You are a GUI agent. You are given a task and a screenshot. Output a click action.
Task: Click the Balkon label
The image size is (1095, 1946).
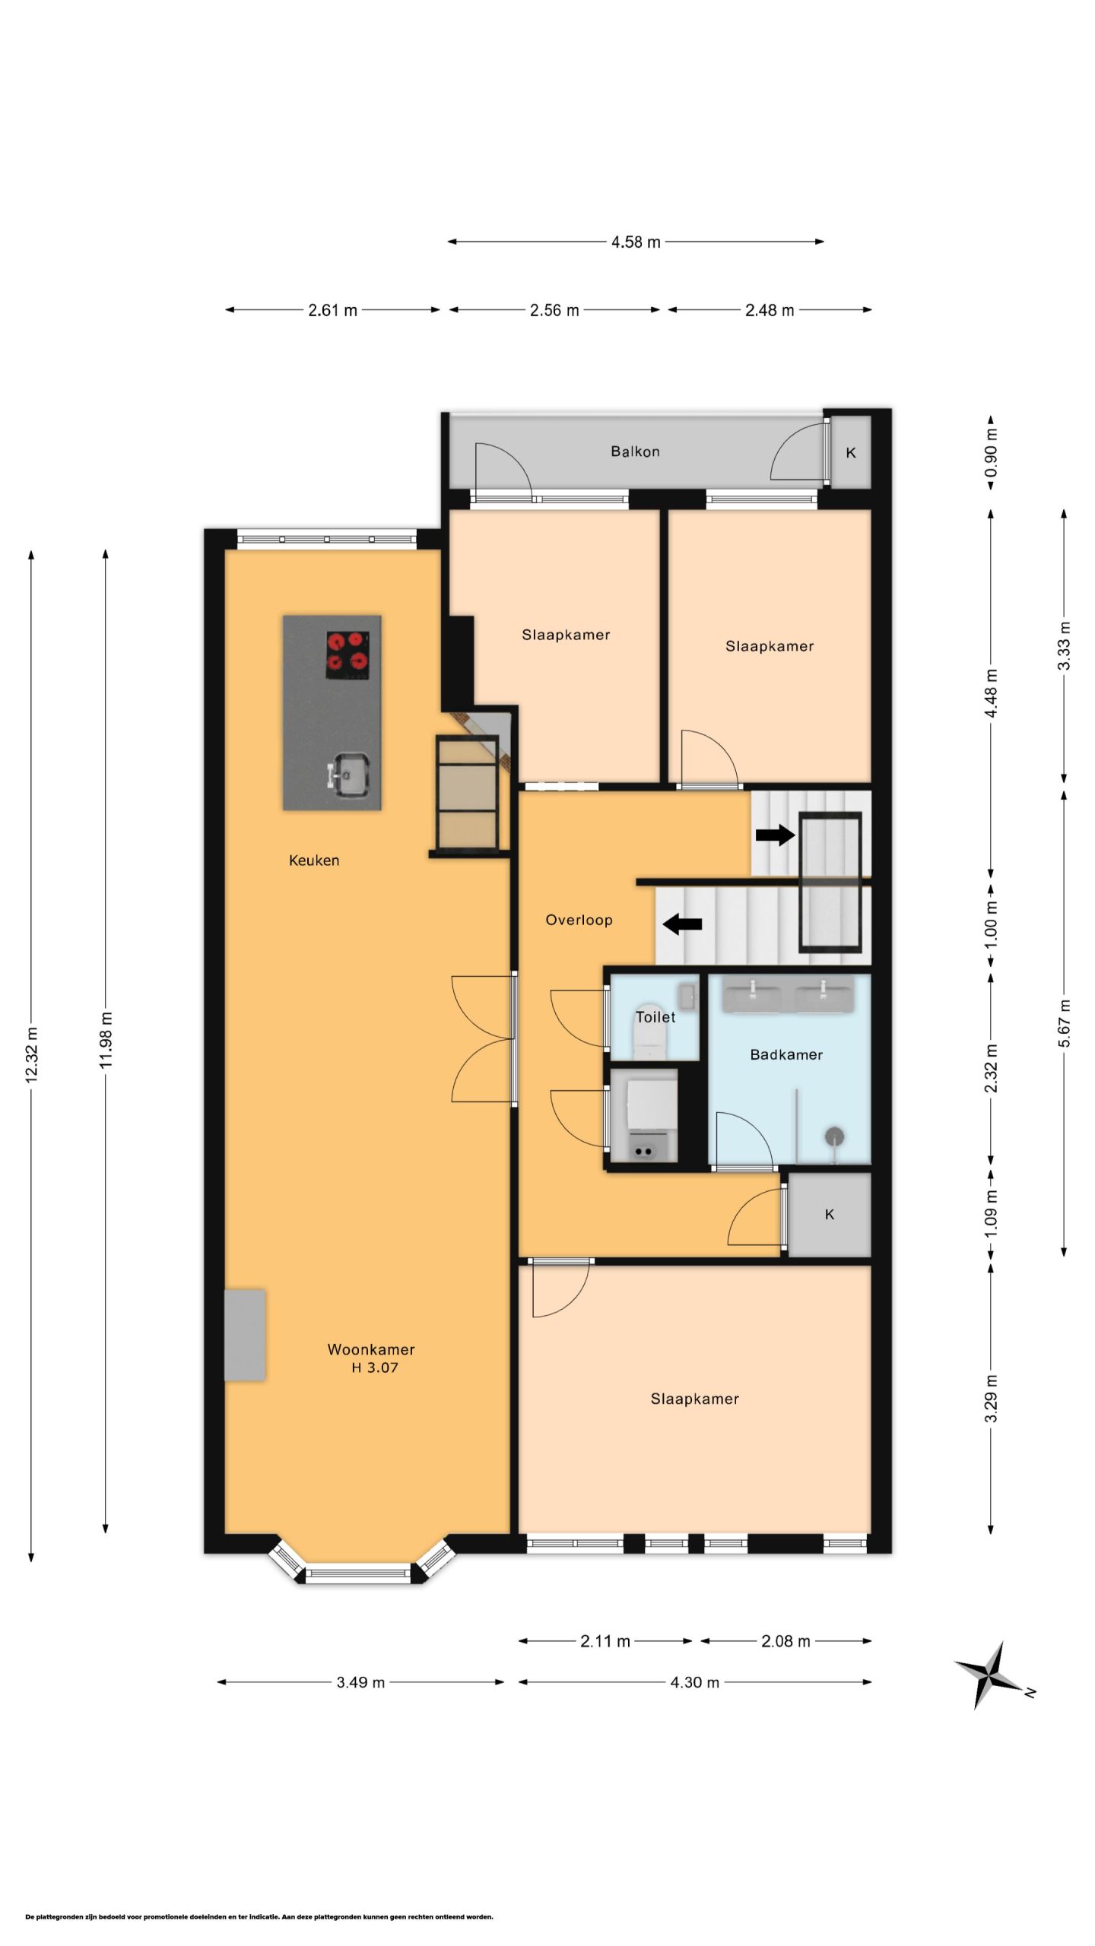pyautogui.click(x=635, y=452)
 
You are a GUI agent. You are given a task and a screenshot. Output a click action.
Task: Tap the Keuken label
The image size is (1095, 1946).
pyautogui.click(x=314, y=860)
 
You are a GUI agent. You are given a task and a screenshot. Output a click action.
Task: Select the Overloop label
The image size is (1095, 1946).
pyautogui.click(x=579, y=920)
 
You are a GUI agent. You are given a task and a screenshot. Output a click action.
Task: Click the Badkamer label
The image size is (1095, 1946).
pyautogui.click(x=786, y=1054)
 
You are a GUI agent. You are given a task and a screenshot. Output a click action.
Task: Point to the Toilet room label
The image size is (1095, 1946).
pyautogui.click(x=655, y=1017)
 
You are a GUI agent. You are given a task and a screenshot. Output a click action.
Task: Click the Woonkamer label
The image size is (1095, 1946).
pyautogui.click(x=371, y=1349)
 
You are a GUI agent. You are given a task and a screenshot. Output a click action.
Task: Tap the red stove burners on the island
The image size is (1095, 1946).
pyautogui.click(x=348, y=654)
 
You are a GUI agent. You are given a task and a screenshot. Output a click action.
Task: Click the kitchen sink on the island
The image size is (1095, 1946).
pyautogui.click(x=349, y=775)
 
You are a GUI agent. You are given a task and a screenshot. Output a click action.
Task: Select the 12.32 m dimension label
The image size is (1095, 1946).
pyautogui.click(x=31, y=1054)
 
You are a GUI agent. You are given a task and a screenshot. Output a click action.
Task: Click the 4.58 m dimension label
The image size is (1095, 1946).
pyautogui.click(x=636, y=242)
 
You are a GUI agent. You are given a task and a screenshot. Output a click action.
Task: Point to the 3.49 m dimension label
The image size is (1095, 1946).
pyautogui.click(x=360, y=1682)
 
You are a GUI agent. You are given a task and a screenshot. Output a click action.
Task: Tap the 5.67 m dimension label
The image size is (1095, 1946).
pyautogui.click(x=1065, y=1022)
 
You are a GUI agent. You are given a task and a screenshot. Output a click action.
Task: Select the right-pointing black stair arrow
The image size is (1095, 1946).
pyautogui.click(x=775, y=835)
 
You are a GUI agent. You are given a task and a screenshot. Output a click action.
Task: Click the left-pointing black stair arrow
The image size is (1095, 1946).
pyautogui.click(x=682, y=925)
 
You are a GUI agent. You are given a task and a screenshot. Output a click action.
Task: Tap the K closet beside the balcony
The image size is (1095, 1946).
pyautogui.click(x=851, y=452)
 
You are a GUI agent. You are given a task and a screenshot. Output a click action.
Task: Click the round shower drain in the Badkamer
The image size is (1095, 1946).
pyautogui.click(x=835, y=1136)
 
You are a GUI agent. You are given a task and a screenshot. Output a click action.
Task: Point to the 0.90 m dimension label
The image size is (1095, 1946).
pyautogui.click(x=991, y=452)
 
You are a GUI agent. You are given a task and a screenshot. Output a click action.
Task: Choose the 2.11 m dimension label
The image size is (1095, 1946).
pyautogui.click(x=605, y=1641)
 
